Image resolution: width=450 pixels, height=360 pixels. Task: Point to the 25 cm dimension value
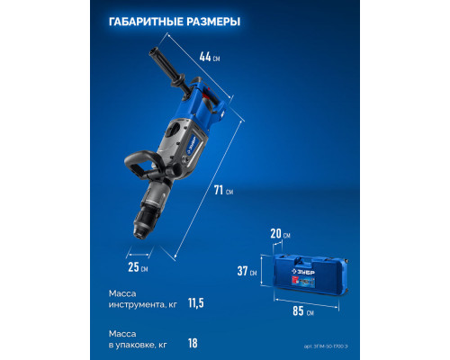[137, 267]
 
